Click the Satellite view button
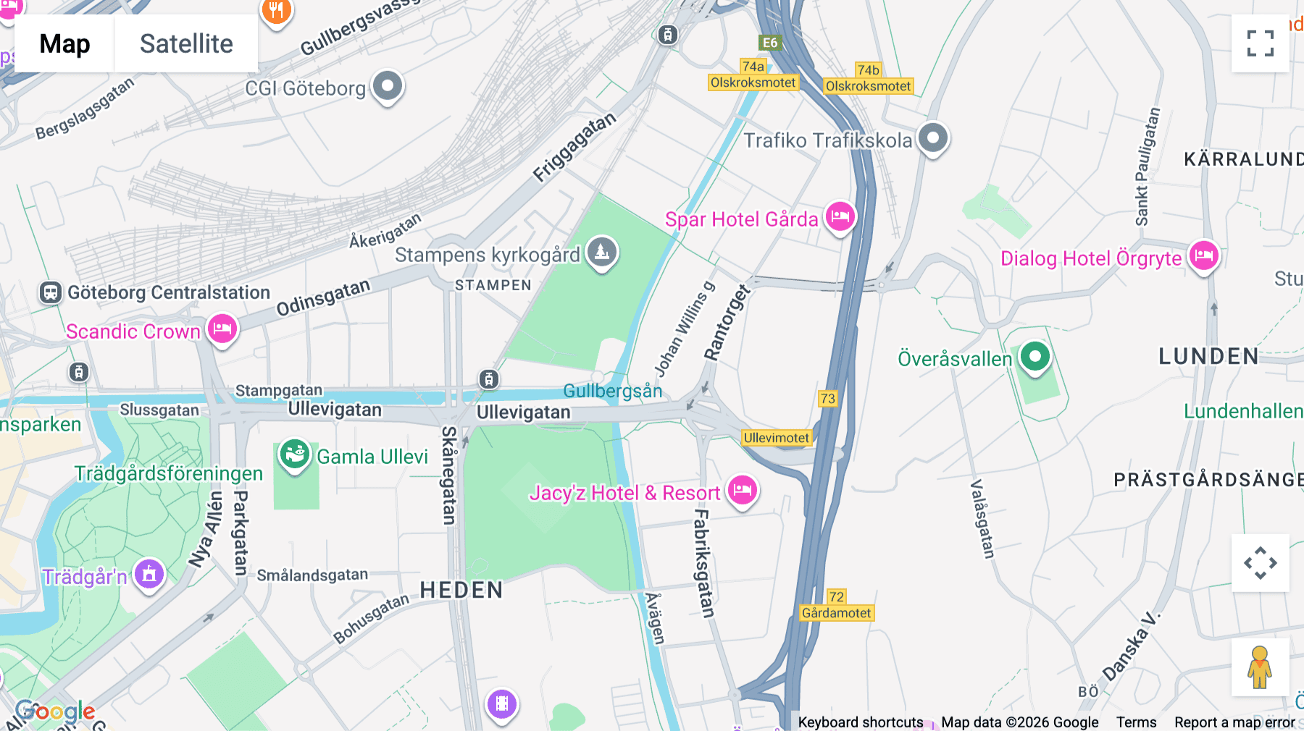pos(186,43)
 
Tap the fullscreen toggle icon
pos(1260,43)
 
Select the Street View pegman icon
pos(1260,667)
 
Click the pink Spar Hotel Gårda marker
pos(840,216)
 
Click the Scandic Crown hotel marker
pos(222,329)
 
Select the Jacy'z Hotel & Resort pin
pos(743,490)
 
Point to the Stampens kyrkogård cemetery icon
pos(602,252)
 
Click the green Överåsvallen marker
pos(1035,356)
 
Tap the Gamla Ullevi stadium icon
pos(294,455)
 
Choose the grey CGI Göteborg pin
pos(388,86)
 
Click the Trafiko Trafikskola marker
pos(933,138)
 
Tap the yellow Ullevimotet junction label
pos(776,438)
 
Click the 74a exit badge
pos(753,67)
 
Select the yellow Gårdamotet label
pos(836,613)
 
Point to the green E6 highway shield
pos(769,43)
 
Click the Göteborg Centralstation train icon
pos(50,292)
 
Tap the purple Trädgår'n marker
pos(149,574)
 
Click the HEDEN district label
pos(461,590)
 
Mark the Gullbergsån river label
pos(612,391)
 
